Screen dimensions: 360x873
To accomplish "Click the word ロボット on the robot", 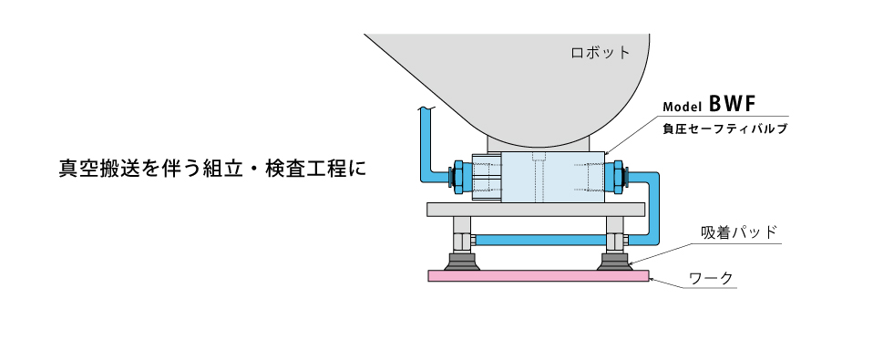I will [x=600, y=52].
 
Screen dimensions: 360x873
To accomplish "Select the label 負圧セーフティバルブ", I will [x=724, y=129].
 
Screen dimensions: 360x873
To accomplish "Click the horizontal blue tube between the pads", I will [x=538, y=241].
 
